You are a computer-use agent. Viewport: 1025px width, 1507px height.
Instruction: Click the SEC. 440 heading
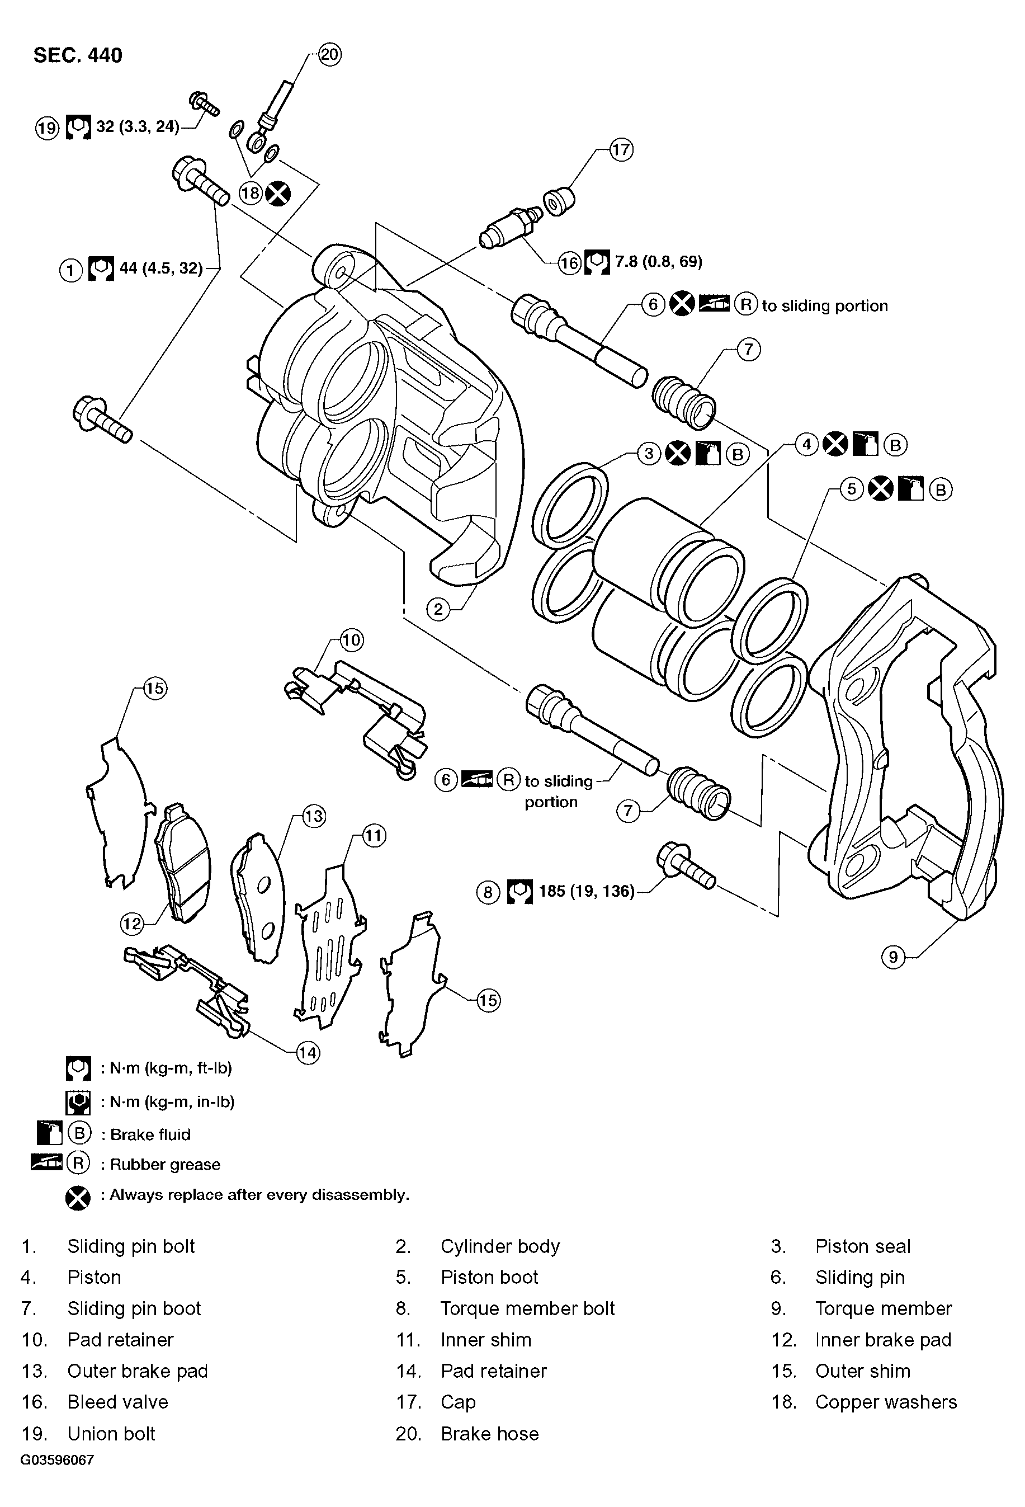77,55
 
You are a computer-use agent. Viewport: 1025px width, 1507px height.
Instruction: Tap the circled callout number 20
329,54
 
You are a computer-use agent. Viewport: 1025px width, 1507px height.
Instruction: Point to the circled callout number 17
621,150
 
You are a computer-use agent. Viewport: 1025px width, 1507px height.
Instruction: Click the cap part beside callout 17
558,202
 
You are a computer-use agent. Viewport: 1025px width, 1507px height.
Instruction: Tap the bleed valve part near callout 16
512,225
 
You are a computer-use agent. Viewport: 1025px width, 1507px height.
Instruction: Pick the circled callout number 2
438,609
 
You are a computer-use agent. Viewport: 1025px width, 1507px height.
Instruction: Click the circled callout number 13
314,816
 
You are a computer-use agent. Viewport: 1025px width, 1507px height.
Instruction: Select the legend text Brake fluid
150,1134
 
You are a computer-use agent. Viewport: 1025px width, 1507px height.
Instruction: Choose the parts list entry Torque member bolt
527,1308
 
